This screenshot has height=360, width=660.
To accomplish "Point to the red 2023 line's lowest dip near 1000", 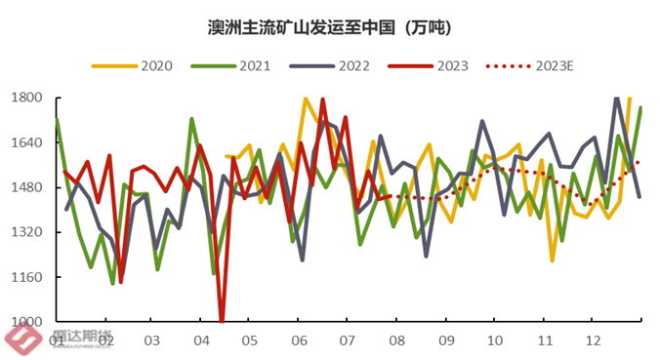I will (x=222, y=319).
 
